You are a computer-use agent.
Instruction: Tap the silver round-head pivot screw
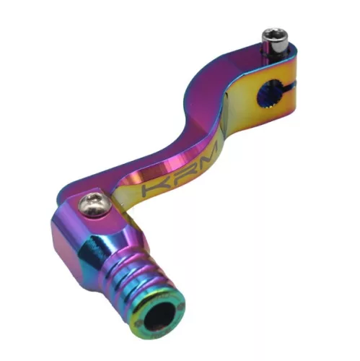[95, 204]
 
